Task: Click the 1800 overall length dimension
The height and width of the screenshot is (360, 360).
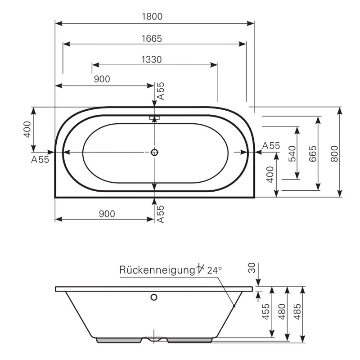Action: (x=152, y=17)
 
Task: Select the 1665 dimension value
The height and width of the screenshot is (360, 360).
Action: (x=152, y=39)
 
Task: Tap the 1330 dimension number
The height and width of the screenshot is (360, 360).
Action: (x=151, y=59)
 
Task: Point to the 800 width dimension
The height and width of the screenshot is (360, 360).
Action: (x=334, y=153)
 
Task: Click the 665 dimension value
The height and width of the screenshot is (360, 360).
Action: (x=312, y=153)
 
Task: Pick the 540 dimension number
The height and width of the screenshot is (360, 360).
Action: (x=292, y=153)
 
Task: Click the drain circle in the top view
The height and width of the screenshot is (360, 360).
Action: (x=154, y=152)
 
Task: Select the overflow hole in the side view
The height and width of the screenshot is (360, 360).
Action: (x=154, y=297)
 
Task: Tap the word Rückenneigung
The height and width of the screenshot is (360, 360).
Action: (x=157, y=270)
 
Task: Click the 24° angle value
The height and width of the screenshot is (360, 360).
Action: (x=215, y=270)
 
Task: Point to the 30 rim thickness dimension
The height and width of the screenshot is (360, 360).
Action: (x=252, y=268)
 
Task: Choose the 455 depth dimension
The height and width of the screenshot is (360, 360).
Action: (x=266, y=311)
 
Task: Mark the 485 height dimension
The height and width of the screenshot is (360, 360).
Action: (x=297, y=311)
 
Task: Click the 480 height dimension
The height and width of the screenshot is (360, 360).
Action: (x=282, y=311)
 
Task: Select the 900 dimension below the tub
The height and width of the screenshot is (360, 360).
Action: (x=107, y=214)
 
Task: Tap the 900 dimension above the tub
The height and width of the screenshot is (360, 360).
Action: (x=102, y=79)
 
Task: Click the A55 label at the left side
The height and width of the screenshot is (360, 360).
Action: (x=40, y=159)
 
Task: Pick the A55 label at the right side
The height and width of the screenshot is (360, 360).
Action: (x=271, y=145)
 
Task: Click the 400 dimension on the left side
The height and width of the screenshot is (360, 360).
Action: (x=27, y=130)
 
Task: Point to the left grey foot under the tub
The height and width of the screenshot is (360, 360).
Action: (x=119, y=340)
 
